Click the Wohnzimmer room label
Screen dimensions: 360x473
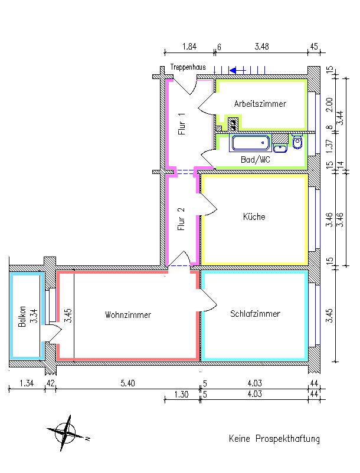tap(128, 315)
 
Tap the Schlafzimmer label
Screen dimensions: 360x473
tap(255, 313)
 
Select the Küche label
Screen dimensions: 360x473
tap(254, 216)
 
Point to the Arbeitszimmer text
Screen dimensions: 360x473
tap(260, 104)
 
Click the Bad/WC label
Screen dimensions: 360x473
tap(255, 159)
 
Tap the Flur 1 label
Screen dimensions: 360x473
tap(182, 124)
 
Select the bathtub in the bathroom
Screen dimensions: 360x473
tap(250, 143)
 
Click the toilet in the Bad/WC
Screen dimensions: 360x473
tap(297, 142)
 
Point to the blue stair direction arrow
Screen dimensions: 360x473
tap(237, 70)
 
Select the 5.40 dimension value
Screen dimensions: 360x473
tap(127, 384)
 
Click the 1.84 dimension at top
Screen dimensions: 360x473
tap(189, 47)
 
